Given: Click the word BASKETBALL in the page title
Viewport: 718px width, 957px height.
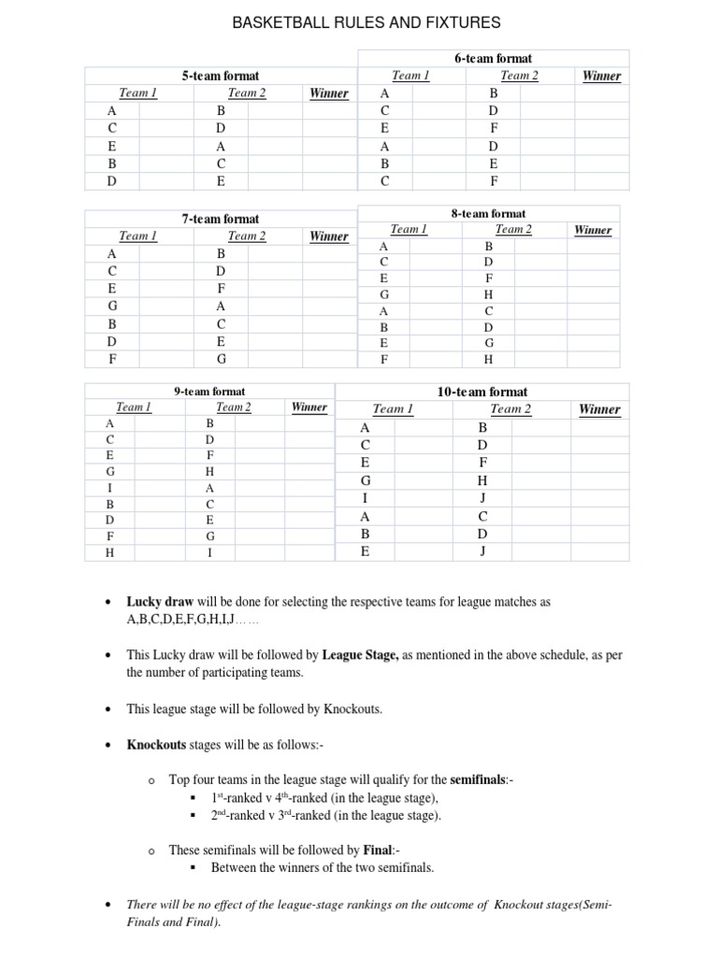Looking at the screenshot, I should [x=278, y=22].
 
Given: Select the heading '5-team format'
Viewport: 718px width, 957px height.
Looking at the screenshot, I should [x=221, y=76].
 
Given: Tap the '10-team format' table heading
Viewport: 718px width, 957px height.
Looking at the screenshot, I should [x=482, y=392].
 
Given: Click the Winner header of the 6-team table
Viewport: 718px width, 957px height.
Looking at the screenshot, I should [x=601, y=76].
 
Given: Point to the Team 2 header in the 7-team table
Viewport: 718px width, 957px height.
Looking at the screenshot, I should [x=247, y=236].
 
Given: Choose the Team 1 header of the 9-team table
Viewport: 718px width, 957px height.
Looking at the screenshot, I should [x=134, y=407].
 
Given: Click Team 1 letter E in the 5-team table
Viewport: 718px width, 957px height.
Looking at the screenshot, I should [x=112, y=147].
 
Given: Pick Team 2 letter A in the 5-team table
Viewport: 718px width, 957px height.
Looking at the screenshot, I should [x=221, y=147].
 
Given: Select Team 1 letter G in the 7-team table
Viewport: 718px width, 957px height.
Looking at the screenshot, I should [x=112, y=306].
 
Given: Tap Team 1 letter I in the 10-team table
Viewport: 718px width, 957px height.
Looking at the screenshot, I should [x=365, y=499].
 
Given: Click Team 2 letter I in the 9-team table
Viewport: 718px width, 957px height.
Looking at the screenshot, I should [x=209, y=552].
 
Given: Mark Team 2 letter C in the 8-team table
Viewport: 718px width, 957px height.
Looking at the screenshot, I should [x=488, y=311].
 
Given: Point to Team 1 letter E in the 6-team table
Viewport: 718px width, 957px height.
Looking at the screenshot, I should [x=384, y=128].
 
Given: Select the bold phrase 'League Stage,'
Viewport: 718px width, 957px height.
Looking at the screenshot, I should [x=361, y=655].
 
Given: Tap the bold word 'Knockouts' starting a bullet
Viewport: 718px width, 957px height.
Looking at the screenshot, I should [x=156, y=745].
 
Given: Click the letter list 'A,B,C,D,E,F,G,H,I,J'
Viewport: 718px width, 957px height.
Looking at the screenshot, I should [x=179, y=620].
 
